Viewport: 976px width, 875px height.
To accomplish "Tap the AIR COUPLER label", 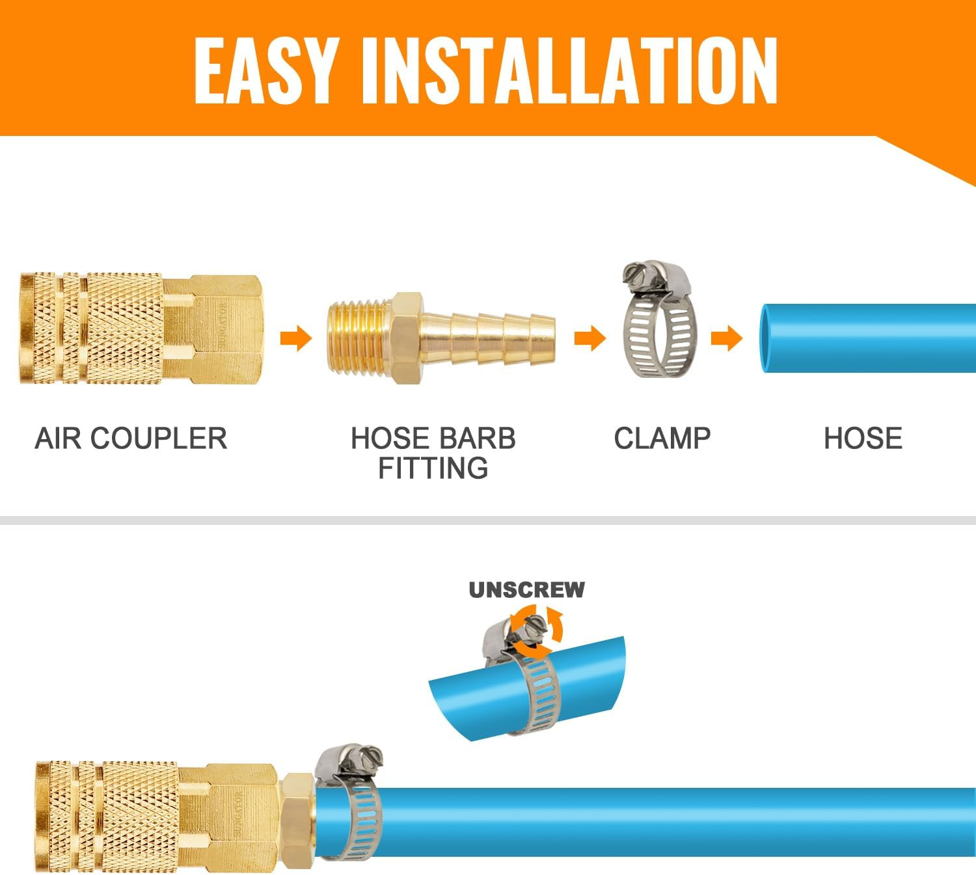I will tap(131, 438).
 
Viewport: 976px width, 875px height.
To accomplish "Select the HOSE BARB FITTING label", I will tap(433, 453).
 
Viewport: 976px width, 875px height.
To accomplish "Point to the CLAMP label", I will tap(662, 438).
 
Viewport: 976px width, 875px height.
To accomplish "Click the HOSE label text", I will tap(863, 438).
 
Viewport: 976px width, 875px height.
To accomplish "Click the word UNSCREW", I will tap(526, 589).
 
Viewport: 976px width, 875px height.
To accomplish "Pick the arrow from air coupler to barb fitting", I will tap(296, 338).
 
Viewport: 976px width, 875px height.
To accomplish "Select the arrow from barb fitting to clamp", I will tap(590, 338).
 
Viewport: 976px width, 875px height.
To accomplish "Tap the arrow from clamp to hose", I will tap(727, 338).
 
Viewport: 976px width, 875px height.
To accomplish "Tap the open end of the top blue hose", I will tap(768, 338).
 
